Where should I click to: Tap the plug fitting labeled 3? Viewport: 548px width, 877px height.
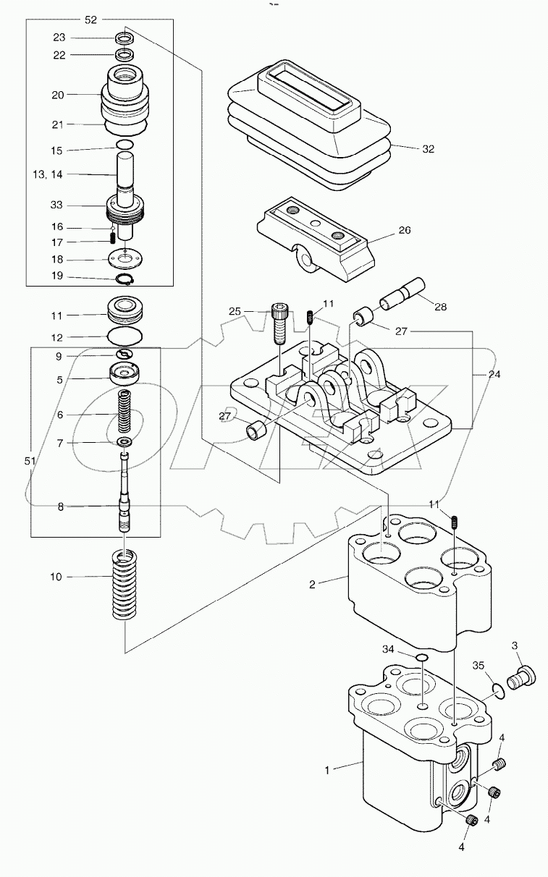521,679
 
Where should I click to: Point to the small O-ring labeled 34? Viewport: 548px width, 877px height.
422,657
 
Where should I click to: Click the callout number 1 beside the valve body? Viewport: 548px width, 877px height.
326,771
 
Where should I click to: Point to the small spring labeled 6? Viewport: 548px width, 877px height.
126,413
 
